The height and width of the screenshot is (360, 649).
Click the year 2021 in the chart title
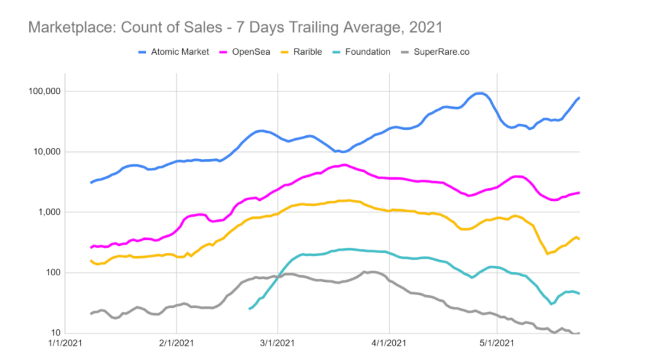[425, 28]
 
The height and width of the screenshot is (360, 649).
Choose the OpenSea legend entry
[247, 52]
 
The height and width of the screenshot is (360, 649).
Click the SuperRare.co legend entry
[442, 52]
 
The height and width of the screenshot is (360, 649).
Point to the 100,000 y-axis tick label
[46, 91]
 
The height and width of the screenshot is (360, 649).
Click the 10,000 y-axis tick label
[48, 152]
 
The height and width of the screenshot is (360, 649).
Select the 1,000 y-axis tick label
[50, 212]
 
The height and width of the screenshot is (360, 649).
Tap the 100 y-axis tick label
[54, 273]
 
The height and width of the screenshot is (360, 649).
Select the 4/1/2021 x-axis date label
[389, 344]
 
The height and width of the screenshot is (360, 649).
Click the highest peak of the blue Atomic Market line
[479, 93]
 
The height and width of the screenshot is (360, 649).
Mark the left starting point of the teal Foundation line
[249, 308]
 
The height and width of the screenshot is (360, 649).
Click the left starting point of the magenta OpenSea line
[91, 247]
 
